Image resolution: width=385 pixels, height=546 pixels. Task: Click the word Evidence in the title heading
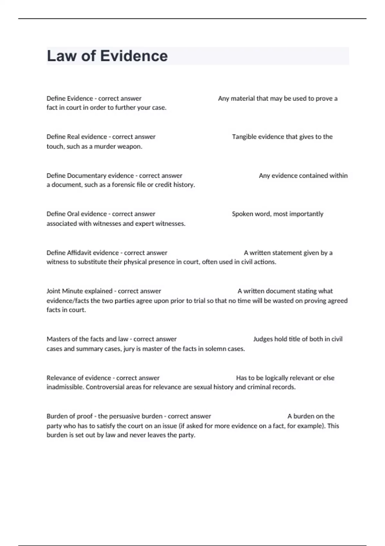tap(134, 56)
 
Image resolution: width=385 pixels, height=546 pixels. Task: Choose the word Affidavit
tap(79, 253)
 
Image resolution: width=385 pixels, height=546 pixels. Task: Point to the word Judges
tap(263, 339)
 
